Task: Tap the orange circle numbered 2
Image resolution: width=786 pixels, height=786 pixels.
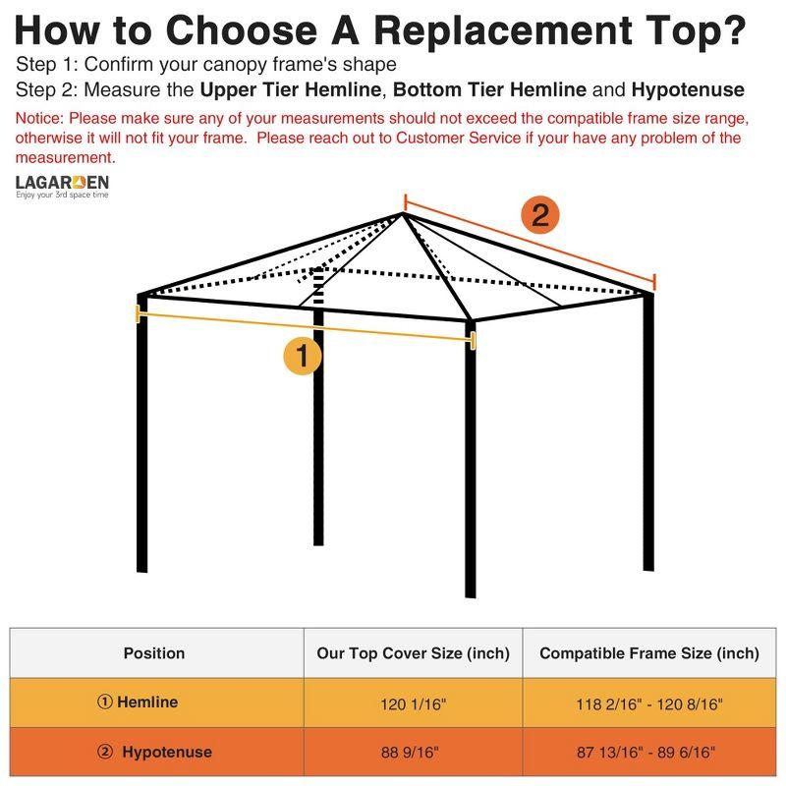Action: click(x=539, y=214)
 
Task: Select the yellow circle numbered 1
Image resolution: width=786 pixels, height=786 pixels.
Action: click(x=303, y=356)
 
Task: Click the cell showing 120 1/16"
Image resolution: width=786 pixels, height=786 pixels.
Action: click(x=413, y=703)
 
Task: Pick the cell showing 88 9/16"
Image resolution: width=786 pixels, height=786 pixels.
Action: click(x=413, y=753)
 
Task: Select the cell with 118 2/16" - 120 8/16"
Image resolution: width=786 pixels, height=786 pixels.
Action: click(x=649, y=703)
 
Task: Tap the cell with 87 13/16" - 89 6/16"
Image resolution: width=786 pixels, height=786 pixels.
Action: click(x=649, y=753)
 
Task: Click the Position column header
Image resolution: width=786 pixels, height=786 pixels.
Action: click(x=154, y=653)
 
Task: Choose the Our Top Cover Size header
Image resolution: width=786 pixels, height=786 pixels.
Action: click(x=413, y=653)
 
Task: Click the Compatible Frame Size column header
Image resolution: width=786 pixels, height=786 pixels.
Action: click(x=649, y=653)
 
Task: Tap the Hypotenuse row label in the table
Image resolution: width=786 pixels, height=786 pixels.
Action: click(x=155, y=753)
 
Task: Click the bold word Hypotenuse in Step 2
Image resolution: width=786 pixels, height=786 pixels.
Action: click(x=688, y=90)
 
